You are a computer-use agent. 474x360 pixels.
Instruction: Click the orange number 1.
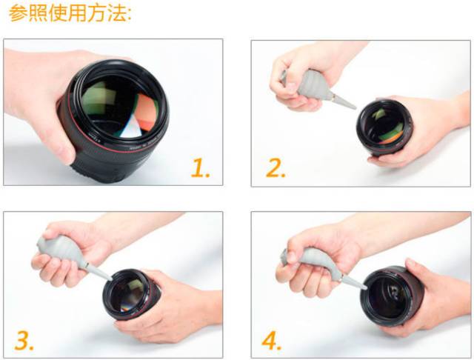pos(200,168)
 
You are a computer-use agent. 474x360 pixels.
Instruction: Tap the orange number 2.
pos(276,168)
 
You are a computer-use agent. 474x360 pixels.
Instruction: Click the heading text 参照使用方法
pos(70,15)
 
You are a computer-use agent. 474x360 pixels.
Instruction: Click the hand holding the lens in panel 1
pos(37,96)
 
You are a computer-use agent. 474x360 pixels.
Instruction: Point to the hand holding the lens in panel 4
pos(437,296)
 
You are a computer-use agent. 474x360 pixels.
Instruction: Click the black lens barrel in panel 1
pos(96,159)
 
